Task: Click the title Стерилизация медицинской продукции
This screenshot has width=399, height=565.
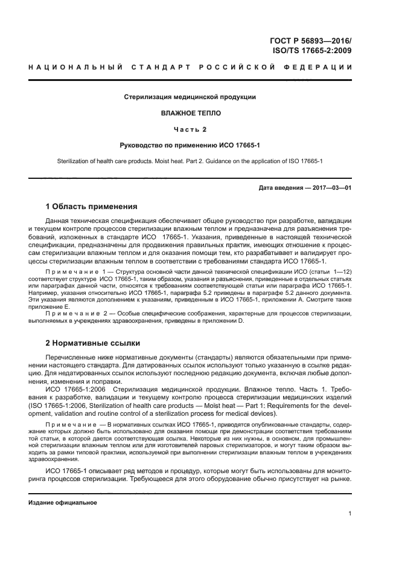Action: pyautogui.click(x=190, y=97)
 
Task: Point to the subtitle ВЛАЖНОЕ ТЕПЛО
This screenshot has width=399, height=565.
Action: pyautogui.click(x=190, y=112)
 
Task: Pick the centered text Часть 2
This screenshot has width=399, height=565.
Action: pyautogui.click(x=190, y=129)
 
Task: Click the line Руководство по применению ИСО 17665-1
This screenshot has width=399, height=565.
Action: pyautogui.click(x=190, y=145)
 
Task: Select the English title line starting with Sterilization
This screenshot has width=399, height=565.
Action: pyautogui.click(x=190, y=161)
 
